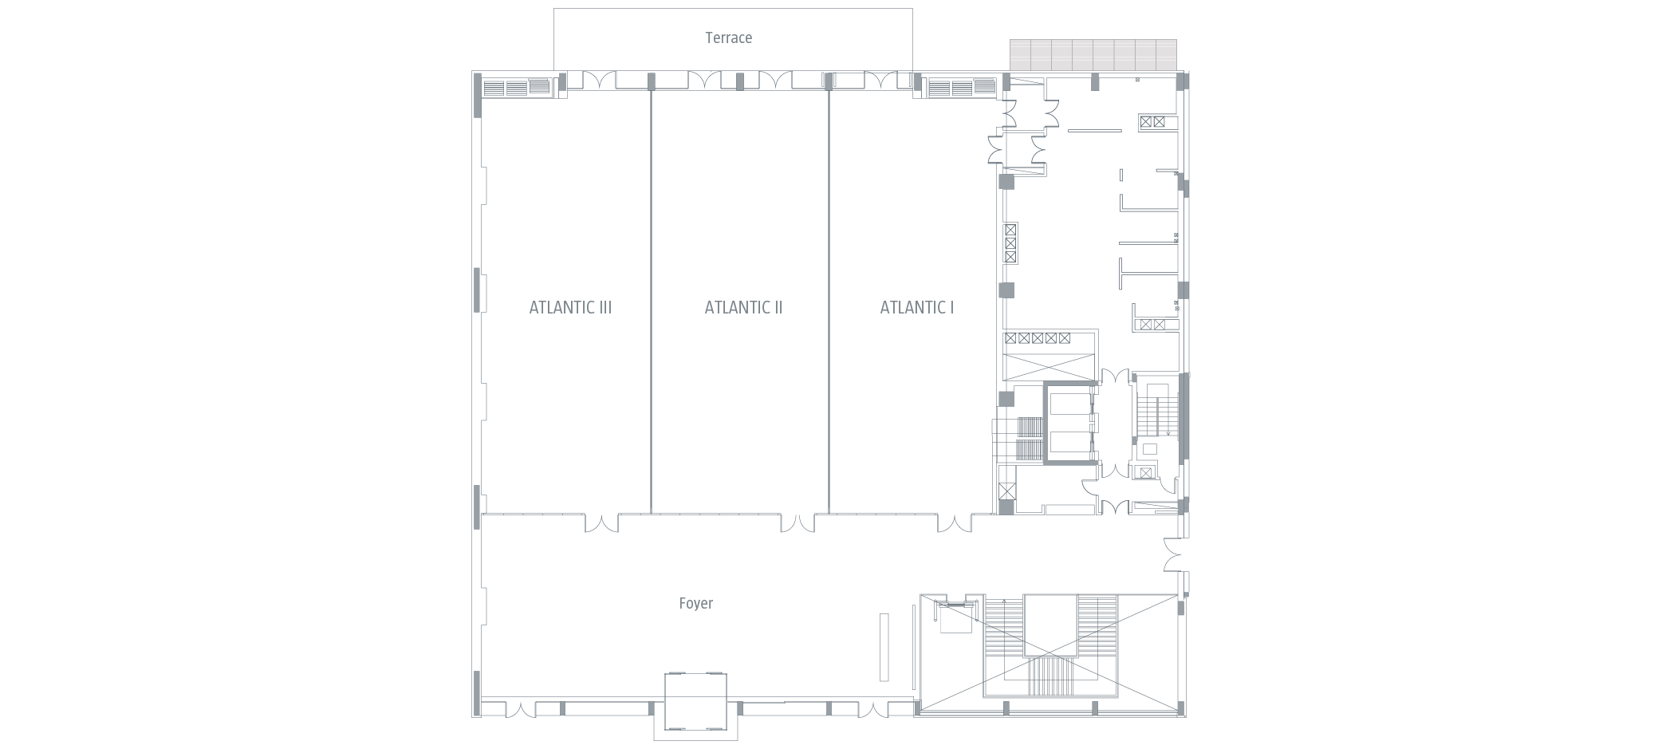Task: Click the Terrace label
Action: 728,37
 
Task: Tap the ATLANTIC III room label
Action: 570,307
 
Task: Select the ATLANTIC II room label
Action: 743,307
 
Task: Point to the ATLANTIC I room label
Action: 916,307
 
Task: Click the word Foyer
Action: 695,603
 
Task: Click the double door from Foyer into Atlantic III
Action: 601,523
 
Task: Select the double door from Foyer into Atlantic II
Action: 798,523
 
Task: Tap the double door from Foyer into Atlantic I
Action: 955,523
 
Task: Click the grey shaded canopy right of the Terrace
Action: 1093,54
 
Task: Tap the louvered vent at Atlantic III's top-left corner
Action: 516,87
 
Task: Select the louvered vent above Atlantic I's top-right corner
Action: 961,87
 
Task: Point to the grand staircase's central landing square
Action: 1050,625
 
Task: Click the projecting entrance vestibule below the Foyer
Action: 695,706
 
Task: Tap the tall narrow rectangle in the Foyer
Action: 884,646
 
